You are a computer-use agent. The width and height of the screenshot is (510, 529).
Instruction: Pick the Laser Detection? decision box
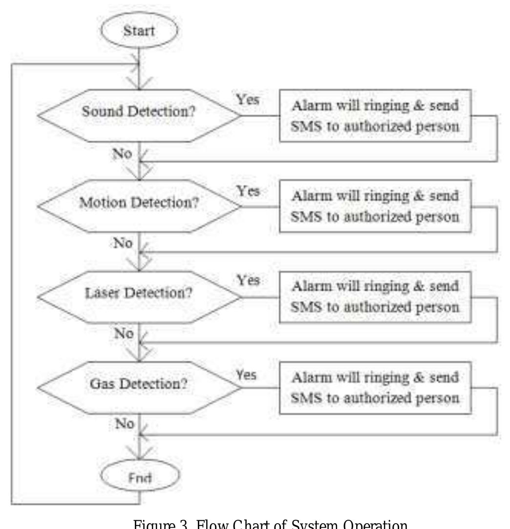[x=139, y=294]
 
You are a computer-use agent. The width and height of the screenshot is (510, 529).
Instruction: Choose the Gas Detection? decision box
[x=139, y=384]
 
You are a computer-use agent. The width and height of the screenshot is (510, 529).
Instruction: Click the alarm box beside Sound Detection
[x=374, y=116]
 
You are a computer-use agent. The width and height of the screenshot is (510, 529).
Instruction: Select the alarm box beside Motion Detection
[x=374, y=205]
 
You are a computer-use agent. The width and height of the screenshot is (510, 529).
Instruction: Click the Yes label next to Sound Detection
[x=248, y=99]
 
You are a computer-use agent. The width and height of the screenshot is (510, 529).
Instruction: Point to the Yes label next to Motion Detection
[x=248, y=191]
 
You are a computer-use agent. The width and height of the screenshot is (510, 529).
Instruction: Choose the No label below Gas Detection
[x=124, y=423]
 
